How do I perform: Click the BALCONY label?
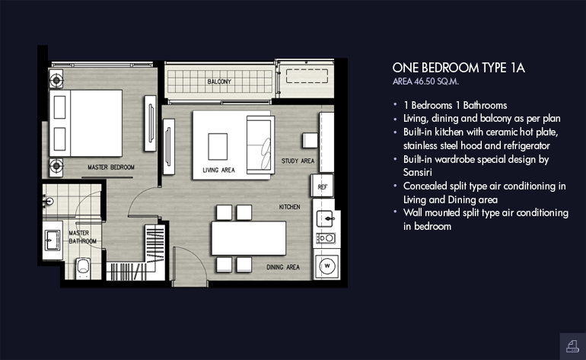(x=219, y=81)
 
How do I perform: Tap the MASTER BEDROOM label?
(x=111, y=167)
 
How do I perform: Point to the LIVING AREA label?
(x=218, y=170)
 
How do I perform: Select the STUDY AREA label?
(x=298, y=161)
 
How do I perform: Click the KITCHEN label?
(x=290, y=207)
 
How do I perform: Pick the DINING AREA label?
(x=283, y=267)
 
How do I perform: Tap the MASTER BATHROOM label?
(x=83, y=237)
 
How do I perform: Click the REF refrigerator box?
(x=322, y=186)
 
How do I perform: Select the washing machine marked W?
(x=327, y=266)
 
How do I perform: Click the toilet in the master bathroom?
(x=83, y=268)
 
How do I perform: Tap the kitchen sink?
(x=325, y=218)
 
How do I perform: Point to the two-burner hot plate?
(x=326, y=237)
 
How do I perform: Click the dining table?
(x=249, y=238)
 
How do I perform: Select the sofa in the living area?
(x=260, y=145)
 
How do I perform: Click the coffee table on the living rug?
(x=218, y=147)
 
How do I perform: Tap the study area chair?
(x=310, y=141)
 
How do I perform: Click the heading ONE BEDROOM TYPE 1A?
(x=459, y=68)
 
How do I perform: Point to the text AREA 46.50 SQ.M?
(x=425, y=81)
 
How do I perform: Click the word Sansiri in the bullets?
(x=418, y=172)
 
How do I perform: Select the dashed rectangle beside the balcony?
(x=307, y=75)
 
